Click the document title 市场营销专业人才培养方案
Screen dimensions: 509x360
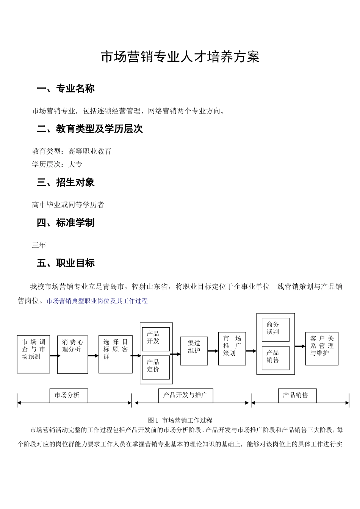pyautogui.click(x=180, y=57)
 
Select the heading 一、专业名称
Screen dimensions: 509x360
pyautogui.click(x=66, y=89)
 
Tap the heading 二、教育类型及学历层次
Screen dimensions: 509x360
pyautogui.click(x=90, y=129)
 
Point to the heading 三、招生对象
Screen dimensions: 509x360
pyautogui.click(x=66, y=183)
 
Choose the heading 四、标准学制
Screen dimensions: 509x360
pyautogui.click(x=66, y=223)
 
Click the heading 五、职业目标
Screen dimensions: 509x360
pyautogui.click(x=66, y=263)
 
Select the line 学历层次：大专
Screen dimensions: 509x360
pyautogui.click(x=57, y=164)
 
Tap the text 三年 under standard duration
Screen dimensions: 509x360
pyautogui.click(x=39, y=245)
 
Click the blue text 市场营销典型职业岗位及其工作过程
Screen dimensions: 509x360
pyautogui.click(x=97, y=301)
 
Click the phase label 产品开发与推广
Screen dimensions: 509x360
pyautogui.click(x=185, y=395)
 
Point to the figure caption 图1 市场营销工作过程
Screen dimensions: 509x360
pyautogui.click(x=180, y=420)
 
